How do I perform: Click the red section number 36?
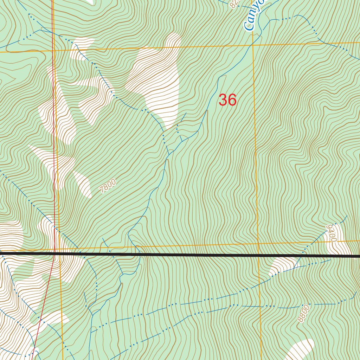click(227, 100)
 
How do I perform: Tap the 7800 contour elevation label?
click(108, 186)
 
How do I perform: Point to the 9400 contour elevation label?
click(331, 233)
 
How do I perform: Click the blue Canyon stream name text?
click(254, 16)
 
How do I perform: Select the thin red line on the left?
click(54, 141)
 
